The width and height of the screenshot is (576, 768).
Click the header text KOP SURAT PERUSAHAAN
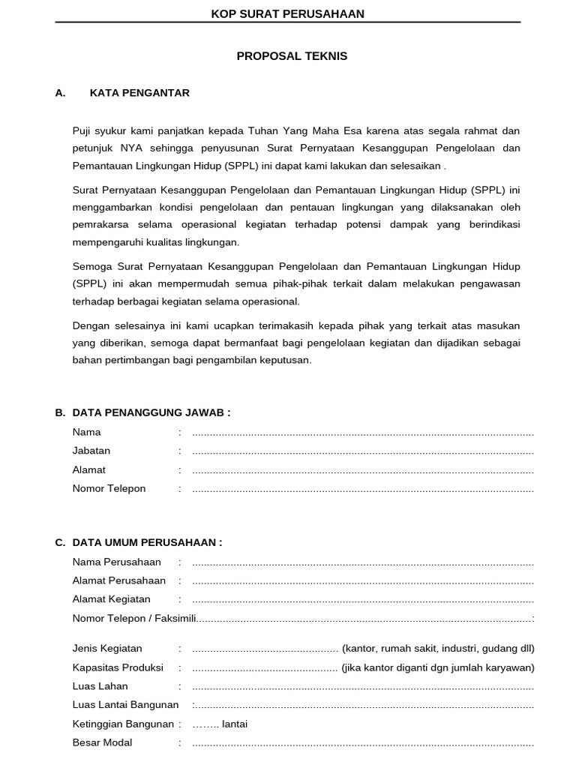click(x=288, y=13)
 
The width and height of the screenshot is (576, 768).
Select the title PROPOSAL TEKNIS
click(x=292, y=56)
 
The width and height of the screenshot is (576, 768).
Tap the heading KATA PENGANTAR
click(x=139, y=93)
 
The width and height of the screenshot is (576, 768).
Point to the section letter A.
click(x=61, y=93)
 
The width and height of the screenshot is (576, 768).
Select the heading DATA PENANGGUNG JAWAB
click(x=151, y=412)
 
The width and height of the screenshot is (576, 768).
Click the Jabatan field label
click(x=91, y=451)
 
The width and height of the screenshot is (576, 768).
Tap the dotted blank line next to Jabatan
click(x=363, y=451)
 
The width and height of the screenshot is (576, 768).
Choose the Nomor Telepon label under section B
click(x=109, y=488)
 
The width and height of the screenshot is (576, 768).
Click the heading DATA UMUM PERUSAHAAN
click(x=147, y=542)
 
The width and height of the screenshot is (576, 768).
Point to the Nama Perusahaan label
click(x=116, y=562)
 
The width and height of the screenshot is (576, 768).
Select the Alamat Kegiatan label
click(x=111, y=599)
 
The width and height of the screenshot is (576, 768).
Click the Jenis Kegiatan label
click(x=107, y=649)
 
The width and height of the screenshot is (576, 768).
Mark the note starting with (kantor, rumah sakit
click(x=438, y=649)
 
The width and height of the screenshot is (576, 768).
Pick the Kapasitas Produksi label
click(x=118, y=667)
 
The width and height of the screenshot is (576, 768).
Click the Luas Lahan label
click(x=100, y=686)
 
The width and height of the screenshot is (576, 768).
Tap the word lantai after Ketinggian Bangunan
click(x=235, y=724)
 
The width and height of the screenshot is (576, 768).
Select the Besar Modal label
click(x=102, y=742)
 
